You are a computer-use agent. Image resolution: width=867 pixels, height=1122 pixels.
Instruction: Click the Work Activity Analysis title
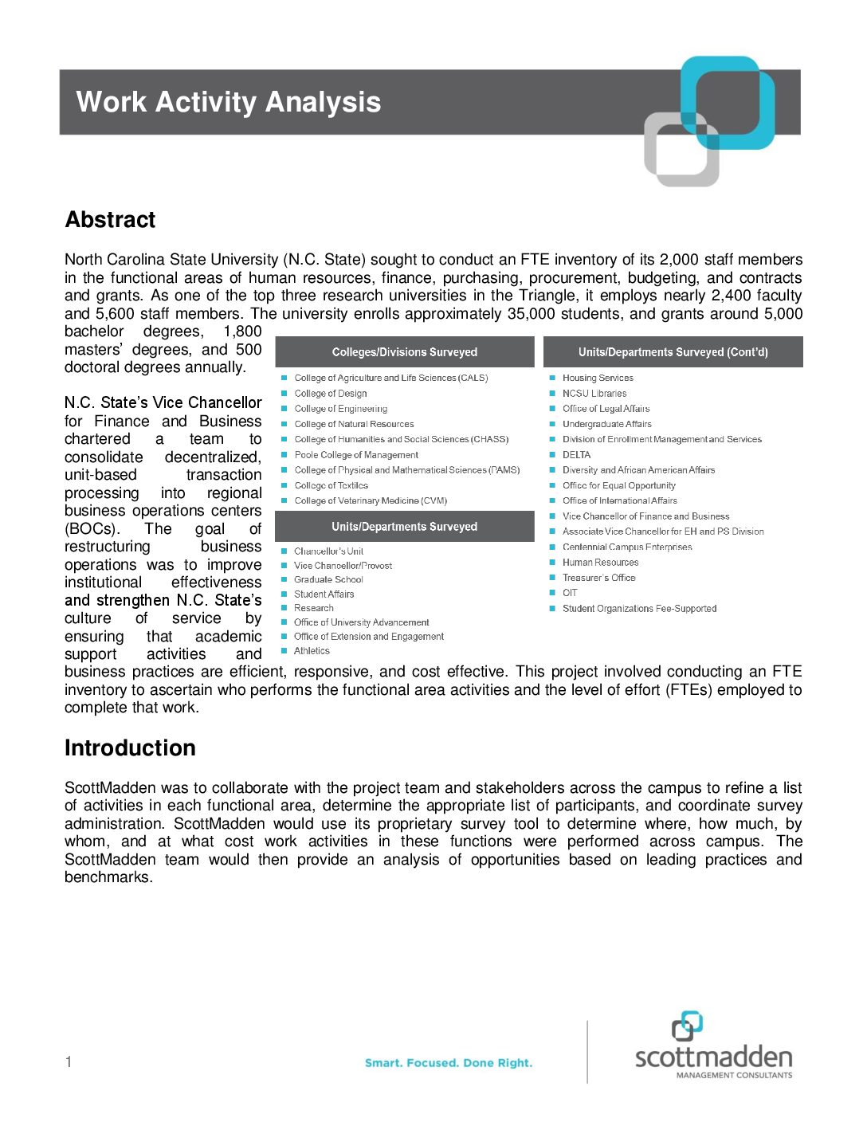click(x=229, y=102)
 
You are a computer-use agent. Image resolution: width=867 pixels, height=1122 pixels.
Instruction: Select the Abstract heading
click(x=110, y=220)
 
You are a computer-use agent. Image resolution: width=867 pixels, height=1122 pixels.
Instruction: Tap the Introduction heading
click(x=130, y=748)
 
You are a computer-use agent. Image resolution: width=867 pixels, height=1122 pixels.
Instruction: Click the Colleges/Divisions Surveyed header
click(x=404, y=352)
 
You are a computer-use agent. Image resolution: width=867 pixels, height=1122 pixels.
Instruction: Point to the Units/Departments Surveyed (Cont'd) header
click(x=673, y=352)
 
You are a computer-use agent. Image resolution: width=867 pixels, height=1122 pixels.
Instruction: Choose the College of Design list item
click(x=331, y=394)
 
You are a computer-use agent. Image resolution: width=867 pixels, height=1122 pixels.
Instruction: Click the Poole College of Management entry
click(x=356, y=455)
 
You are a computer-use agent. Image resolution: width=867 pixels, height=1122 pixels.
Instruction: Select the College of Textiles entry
click(x=331, y=485)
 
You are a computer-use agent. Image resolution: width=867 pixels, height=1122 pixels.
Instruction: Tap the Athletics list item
click(x=312, y=651)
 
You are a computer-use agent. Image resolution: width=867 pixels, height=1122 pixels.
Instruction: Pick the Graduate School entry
click(x=328, y=580)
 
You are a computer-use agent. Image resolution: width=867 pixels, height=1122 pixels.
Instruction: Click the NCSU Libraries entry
click(x=594, y=394)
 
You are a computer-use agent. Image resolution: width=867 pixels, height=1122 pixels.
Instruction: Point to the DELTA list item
click(x=576, y=455)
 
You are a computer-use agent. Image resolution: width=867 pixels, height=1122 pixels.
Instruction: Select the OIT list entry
click(x=570, y=593)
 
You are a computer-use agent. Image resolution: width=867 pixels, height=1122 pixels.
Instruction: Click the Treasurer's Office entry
click(x=598, y=578)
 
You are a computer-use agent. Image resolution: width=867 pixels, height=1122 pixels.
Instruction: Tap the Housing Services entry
click(x=598, y=378)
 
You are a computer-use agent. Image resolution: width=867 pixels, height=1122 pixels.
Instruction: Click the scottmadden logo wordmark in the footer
click(x=713, y=1057)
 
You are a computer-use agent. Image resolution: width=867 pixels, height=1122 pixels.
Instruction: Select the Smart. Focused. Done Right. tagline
click(x=448, y=1063)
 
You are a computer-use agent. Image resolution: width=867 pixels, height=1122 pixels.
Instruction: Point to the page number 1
click(x=69, y=1061)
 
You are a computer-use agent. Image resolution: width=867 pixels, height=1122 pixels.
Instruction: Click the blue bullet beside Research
click(x=284, y=608)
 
